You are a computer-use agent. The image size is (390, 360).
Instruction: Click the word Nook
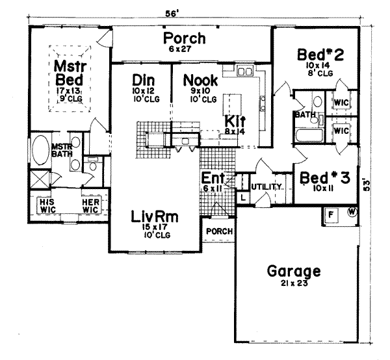coord(196,79)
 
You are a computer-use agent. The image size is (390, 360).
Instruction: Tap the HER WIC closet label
coord(90,205)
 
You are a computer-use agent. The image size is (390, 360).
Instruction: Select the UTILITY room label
coord(267,186)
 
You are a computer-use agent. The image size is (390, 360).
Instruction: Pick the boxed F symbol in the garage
coord(330,214)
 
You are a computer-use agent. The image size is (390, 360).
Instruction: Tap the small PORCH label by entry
coord(216,231)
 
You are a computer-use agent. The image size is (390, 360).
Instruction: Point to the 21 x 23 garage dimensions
coord(292,284)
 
